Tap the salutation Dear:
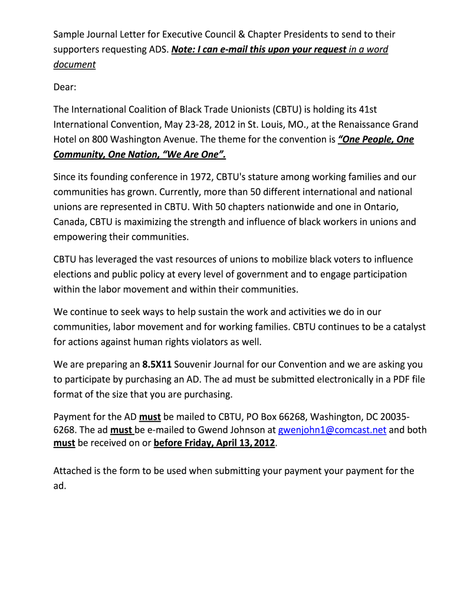tap(65, 87)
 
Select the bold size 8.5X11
tap(157, 364)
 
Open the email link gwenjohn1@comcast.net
tap(332, 430)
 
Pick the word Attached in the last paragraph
tap(73, 471)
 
